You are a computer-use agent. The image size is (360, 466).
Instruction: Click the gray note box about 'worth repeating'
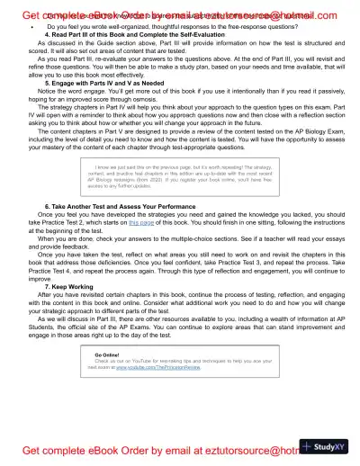179,203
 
